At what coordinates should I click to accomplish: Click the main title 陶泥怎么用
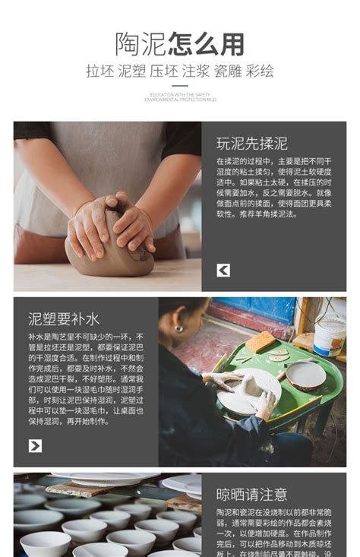180,43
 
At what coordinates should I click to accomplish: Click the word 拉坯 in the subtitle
99,71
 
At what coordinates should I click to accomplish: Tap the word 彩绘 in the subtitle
261,71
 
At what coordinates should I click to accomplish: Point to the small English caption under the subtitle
180,97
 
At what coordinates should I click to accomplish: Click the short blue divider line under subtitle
180,86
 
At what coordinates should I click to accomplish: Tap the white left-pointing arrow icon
223,270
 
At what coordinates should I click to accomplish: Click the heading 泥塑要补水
64,318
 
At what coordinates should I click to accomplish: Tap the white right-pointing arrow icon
35,445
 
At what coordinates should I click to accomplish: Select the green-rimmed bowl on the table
306,375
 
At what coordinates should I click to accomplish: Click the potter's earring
179,329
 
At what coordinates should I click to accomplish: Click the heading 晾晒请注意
251,495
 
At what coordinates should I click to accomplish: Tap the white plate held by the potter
248,391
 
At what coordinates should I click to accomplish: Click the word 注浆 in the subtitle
196,71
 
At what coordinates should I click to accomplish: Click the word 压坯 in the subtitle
163,71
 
